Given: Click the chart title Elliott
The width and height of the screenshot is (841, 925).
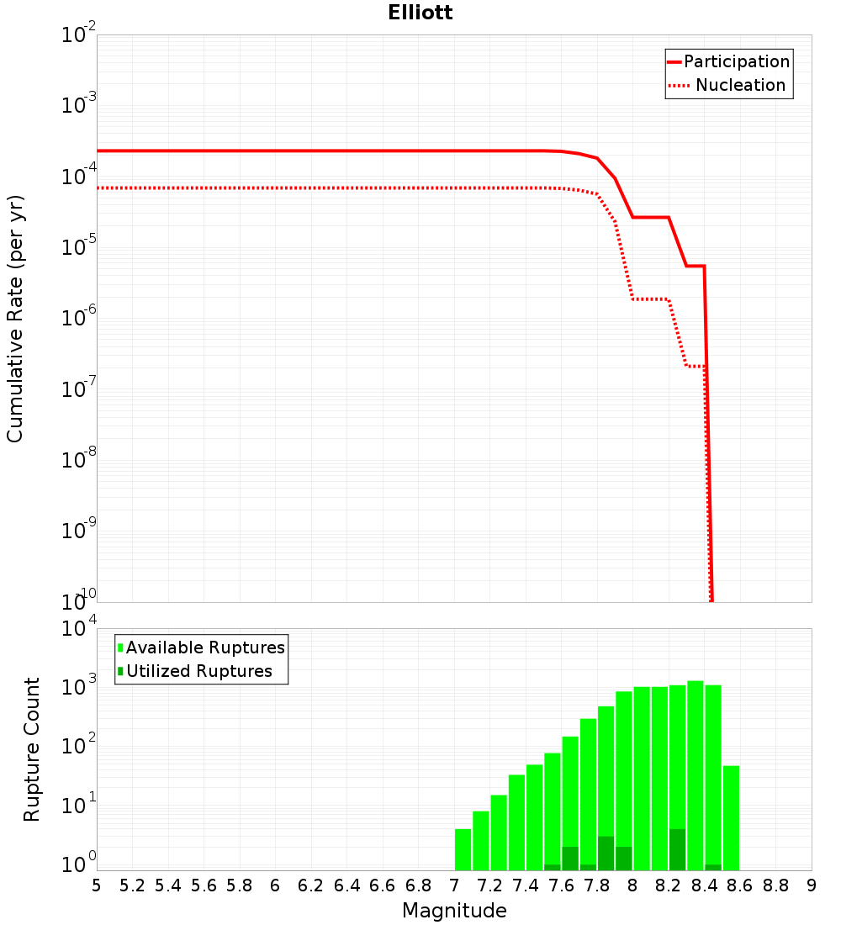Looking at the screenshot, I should (420, 13).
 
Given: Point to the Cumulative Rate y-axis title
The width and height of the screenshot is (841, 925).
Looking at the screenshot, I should (15, 318).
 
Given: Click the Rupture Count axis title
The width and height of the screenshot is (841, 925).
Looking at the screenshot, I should (32, 749).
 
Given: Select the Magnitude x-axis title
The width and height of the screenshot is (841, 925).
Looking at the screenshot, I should (454, 911).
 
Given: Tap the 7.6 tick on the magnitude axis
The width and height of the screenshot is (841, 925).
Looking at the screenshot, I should (561, 885).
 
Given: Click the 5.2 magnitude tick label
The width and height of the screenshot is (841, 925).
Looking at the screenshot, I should (133, 885).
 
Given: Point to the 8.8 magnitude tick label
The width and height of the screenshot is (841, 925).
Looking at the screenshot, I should (775, 885).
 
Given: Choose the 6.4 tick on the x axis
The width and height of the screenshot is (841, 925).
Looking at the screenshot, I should (346, 885).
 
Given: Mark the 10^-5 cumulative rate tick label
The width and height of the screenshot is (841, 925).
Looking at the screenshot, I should (80, 247).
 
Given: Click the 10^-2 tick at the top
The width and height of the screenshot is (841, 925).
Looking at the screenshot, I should (80, 35).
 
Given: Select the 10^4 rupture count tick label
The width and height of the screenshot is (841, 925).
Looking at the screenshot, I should (80, 629).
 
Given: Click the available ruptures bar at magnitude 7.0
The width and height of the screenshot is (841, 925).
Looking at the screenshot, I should (463, 849).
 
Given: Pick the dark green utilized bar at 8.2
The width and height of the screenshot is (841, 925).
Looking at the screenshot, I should (677, 849).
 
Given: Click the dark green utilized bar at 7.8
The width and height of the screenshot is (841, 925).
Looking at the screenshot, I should (606, 854).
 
